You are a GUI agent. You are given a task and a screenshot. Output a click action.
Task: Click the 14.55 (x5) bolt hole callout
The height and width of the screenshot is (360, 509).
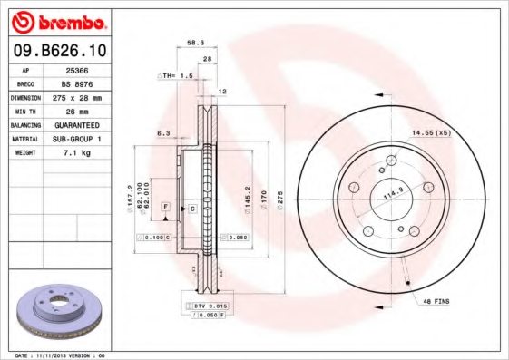(432, 133)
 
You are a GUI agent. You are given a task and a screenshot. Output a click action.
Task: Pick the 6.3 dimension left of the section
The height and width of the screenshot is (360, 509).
(163, 133)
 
